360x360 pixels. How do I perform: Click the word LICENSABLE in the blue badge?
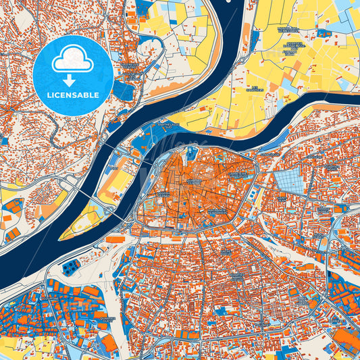point(73,95)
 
